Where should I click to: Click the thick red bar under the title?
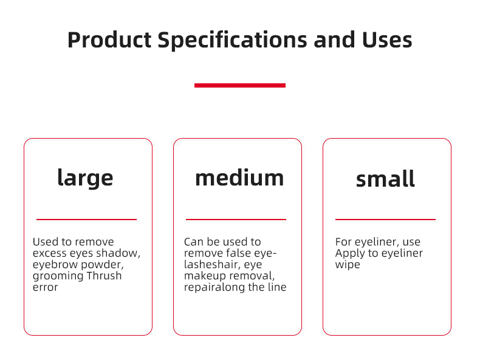[x=239, y=85]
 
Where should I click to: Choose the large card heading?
[x=85, y=178]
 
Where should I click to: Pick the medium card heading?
[x=239, y=178]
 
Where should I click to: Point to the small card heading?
[x=385, y=179]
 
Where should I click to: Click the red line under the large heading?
[x=86, y=219]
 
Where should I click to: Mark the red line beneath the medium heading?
[x=236, y=219]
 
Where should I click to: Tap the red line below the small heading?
[x=385, y=219]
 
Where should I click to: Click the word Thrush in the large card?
[x=105, y=275]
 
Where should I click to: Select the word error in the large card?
[x=46, y=287]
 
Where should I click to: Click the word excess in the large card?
[x=50, y=253]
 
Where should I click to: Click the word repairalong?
[x=213, y=287]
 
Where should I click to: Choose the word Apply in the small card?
[x=349, y=253]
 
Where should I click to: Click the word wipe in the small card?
[x=348, y=265]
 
